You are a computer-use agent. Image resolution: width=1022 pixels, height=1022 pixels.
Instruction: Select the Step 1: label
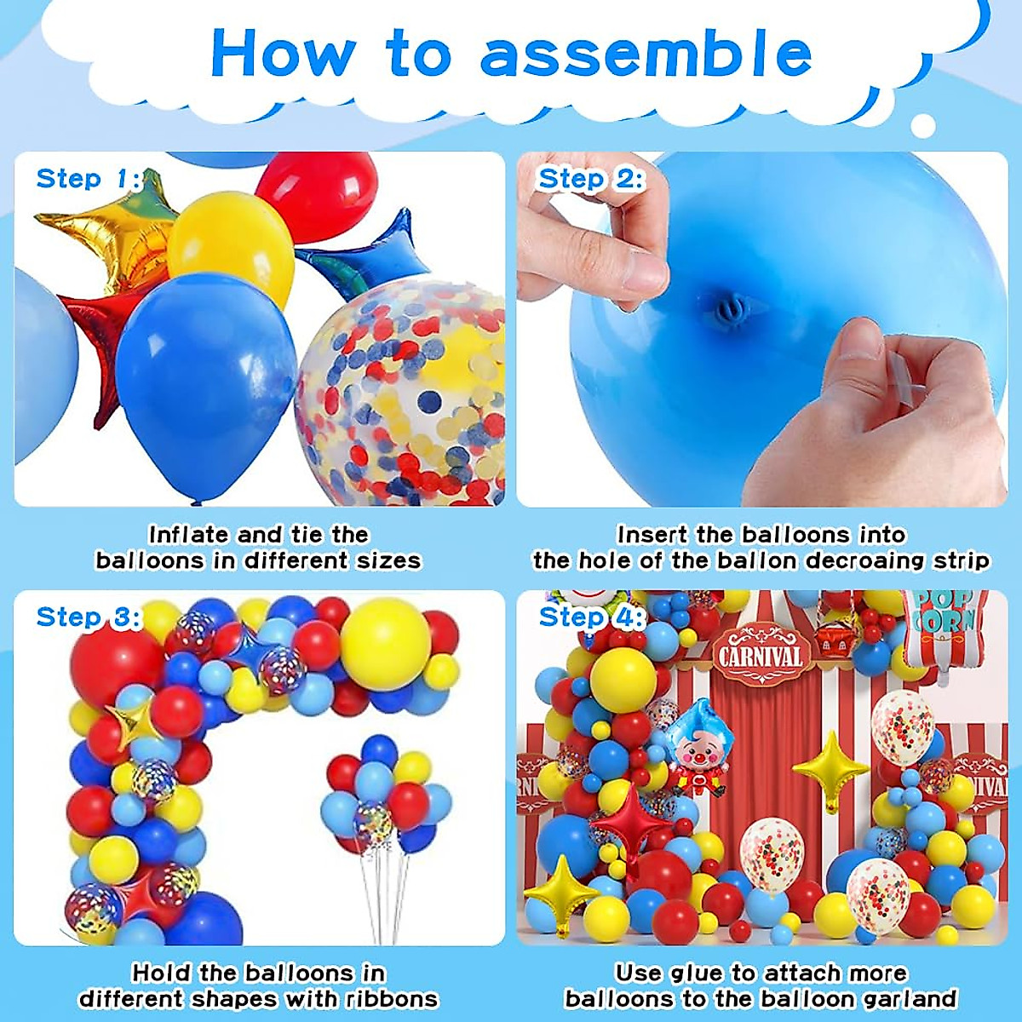(x=88, y=179)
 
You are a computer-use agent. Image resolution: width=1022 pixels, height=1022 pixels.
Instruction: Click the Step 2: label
(x=591, y=179)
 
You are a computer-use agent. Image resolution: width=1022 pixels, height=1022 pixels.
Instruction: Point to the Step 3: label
(x=88, y=617)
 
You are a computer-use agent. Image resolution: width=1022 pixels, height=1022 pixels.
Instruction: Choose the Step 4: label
(x=591, y=617)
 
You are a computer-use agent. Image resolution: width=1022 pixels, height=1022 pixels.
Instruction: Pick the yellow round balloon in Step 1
(x=230, y=247)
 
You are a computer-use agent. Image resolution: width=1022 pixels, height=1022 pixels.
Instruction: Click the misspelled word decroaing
(x=865, y=561)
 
